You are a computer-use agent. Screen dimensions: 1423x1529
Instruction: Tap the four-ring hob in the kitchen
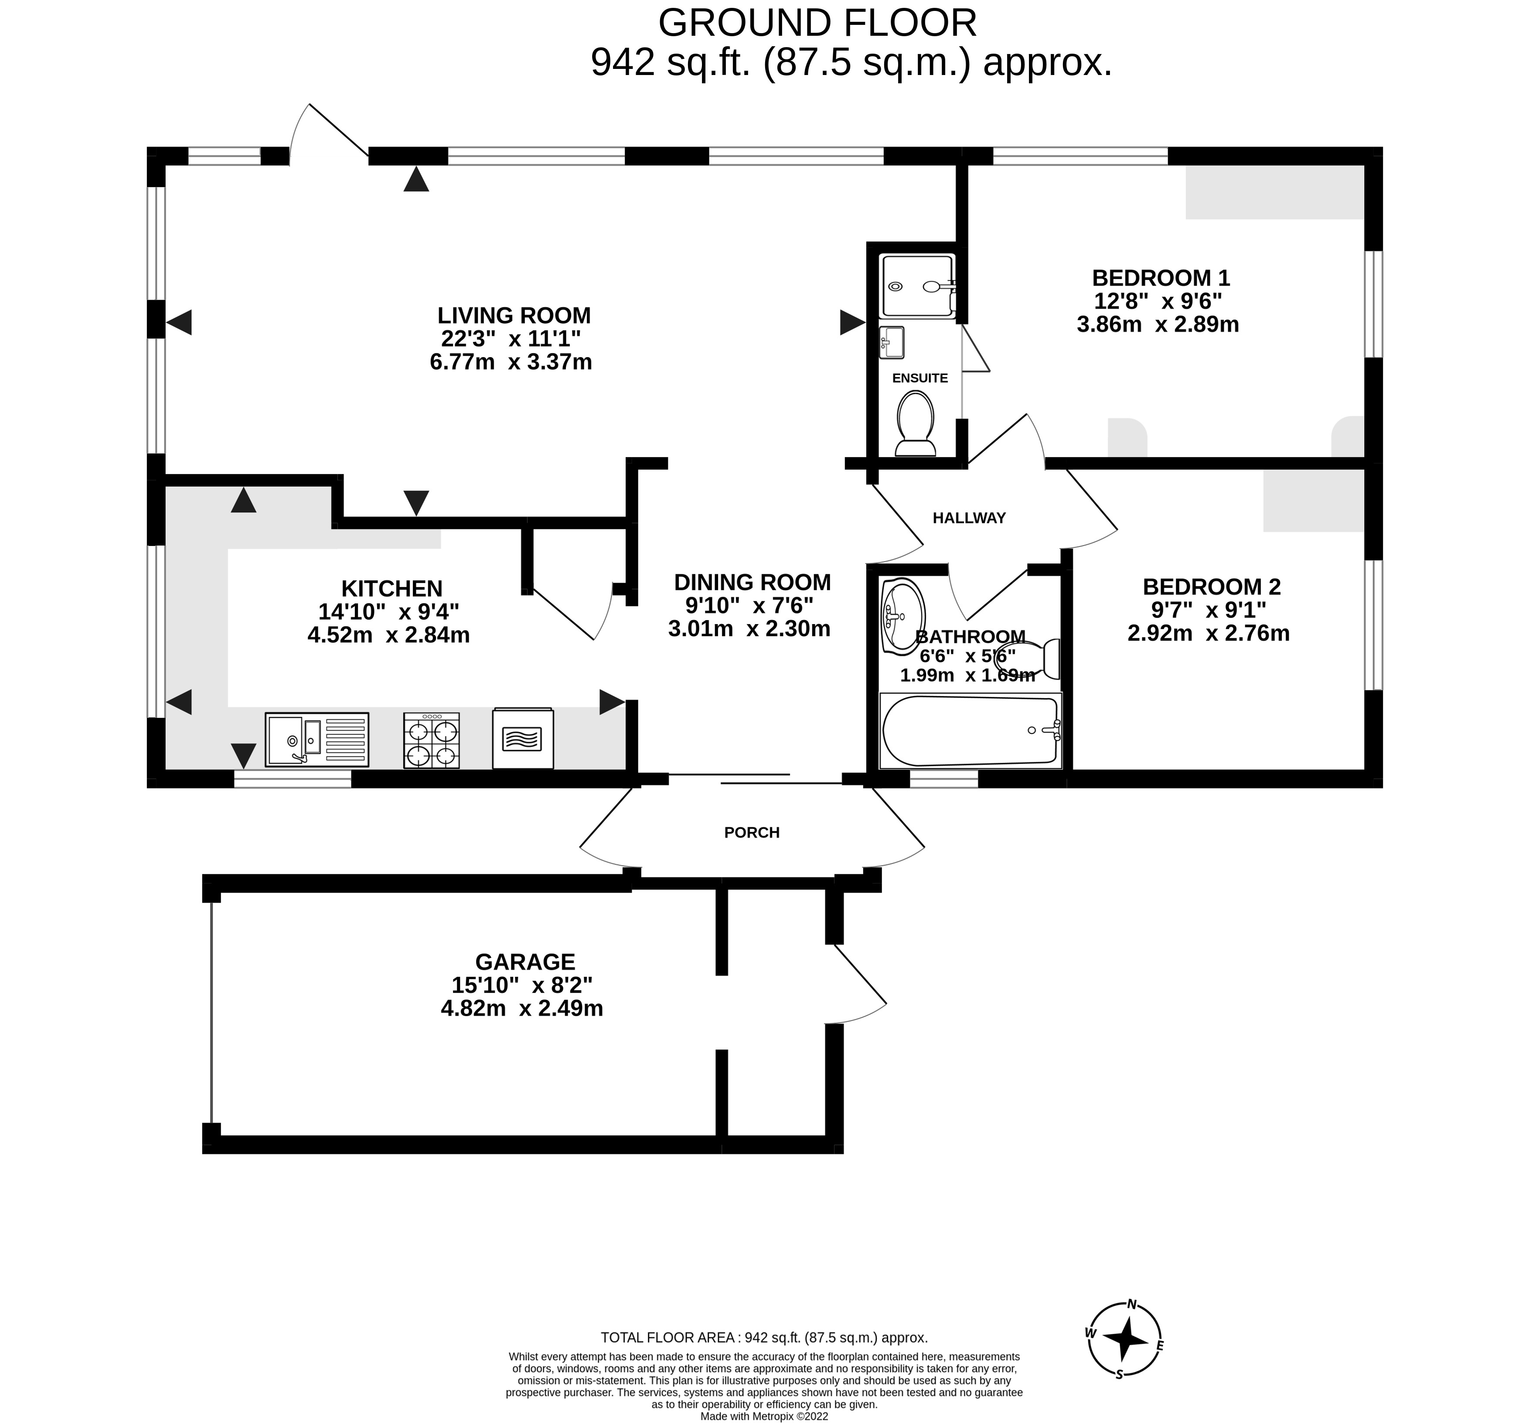tap(432, 740)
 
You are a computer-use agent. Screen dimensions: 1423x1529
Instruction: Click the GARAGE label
tap(525, 962)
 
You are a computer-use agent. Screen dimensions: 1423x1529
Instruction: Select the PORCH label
tap(752, 832)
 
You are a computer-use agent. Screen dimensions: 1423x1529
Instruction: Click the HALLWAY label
tap(969, 518)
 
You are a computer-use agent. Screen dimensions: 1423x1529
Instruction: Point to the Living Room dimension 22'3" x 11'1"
tap(511, 338)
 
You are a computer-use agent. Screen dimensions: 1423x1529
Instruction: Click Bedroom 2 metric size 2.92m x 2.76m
tap(1208, 633)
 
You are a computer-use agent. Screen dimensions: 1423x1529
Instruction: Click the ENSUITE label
tap(920, 378)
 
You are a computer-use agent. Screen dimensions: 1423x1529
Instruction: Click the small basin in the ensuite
tap(892, 342)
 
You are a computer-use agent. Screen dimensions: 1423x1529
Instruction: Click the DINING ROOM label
tap(752, 582)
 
